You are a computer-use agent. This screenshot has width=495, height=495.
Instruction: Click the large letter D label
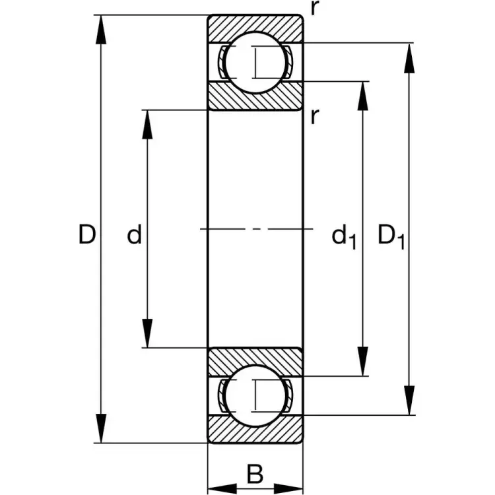coord(87,234)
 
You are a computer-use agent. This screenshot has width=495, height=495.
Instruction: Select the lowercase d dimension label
coord(135,234)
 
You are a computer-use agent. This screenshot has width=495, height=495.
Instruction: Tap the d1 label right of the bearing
coord(343,236)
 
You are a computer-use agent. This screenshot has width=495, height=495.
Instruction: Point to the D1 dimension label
coord(391,236)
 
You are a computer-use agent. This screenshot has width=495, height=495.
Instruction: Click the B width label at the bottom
coord(255,473)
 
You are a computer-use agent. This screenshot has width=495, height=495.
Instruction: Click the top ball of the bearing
coord(255,63)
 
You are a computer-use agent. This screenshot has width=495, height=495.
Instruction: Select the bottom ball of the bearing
coord(255,395)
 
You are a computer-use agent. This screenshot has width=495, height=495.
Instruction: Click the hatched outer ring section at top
coord(255,26)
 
